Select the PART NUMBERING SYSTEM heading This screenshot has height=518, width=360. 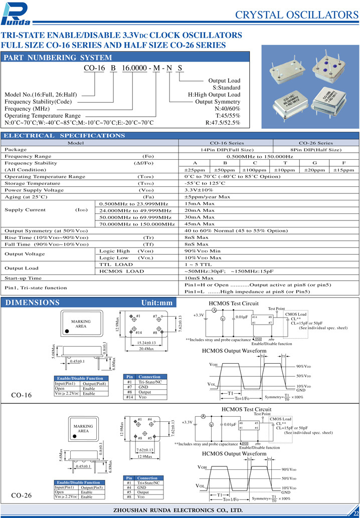click(58, 58)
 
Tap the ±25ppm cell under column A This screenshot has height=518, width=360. click(195, 170)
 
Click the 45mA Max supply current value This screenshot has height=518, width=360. click(200, 224)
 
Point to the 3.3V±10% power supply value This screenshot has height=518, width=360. click(199, 190)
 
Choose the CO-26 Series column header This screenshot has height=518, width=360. click(315, 143)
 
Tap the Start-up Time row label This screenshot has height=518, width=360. click(23, 278)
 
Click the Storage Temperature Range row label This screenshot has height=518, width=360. click(33, 183)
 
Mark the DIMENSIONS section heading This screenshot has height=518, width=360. click(32, 303)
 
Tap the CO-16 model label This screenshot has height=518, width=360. click(22, 395)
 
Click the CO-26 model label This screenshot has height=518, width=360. click(22, 495)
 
